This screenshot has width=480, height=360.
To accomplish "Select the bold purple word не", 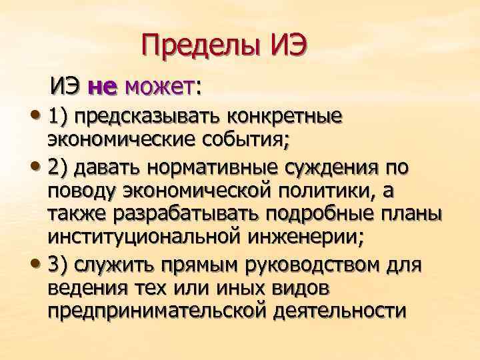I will coord(102,87).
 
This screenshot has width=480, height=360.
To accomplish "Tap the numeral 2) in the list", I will coord(59,168).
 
